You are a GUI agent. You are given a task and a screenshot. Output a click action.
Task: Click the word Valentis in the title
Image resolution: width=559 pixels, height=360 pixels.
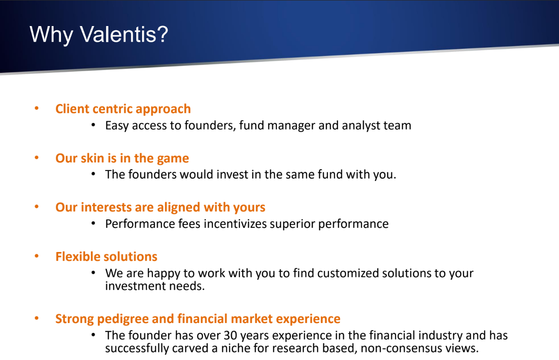(124, 34)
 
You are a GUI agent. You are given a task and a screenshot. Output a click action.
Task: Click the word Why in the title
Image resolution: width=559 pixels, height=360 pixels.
(51, 35)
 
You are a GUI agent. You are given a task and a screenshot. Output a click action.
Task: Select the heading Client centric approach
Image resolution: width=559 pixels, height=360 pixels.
(123, 109)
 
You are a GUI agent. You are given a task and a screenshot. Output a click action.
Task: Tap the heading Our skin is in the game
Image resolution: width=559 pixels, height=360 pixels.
(122, 158)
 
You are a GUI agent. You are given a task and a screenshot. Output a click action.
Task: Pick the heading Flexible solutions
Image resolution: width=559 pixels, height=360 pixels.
(106, 257)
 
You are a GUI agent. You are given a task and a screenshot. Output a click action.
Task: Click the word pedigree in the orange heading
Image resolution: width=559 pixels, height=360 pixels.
(123, 319)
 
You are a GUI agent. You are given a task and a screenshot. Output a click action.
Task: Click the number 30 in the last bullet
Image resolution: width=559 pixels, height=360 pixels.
(231, 335)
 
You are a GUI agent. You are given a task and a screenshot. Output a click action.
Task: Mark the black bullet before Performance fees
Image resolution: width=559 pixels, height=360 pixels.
(93, 224)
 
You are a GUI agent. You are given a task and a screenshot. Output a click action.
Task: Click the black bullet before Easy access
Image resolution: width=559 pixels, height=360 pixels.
(93, 125)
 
